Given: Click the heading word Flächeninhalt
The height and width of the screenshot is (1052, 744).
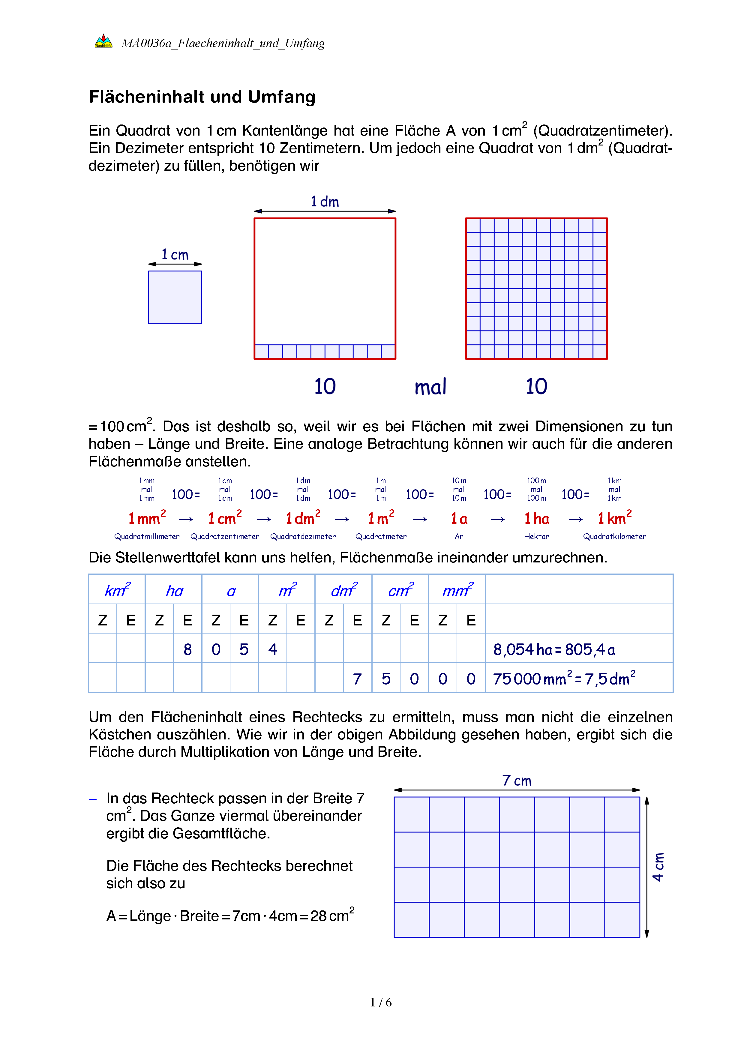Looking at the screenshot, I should pos(147,97).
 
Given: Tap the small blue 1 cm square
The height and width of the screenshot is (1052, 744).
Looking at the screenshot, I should pos(175,297).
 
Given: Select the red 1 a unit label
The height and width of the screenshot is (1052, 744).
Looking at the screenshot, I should pos(459,519).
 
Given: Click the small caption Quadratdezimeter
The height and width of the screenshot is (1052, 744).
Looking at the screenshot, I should pos(303,537).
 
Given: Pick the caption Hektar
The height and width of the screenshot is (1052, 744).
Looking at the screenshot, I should pos(536,537).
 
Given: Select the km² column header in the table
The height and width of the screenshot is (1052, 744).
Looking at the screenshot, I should pos(117,590).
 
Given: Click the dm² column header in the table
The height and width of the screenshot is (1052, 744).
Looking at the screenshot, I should pos(343,590).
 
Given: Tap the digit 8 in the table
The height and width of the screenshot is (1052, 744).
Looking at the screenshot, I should pos(187,649).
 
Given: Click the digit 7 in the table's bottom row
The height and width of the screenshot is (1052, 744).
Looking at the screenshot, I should pos(357,679).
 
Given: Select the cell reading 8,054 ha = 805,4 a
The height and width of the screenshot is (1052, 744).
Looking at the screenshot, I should pos(554,649).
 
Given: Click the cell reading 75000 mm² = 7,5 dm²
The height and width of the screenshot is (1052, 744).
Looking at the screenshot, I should pos(563,678).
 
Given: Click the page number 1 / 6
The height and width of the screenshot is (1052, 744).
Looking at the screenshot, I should pos(381,1002).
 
